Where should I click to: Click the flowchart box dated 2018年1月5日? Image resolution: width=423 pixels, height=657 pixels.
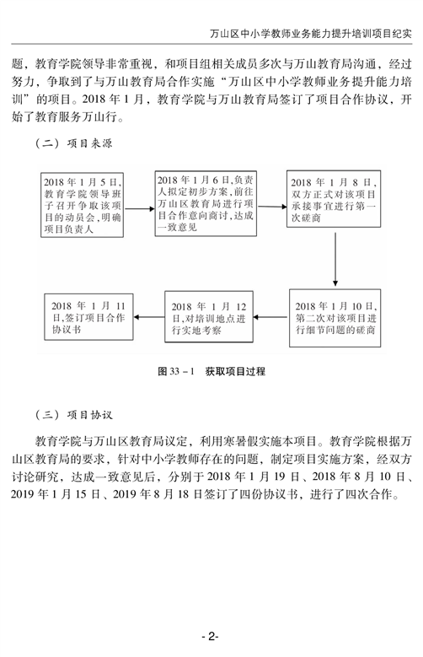[82, 205]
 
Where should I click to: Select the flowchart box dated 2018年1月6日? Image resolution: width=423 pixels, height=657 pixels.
[206, 203]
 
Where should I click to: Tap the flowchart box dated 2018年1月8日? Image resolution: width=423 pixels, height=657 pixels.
[334, 198]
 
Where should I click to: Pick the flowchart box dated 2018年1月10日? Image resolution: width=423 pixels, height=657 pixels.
[335, 318]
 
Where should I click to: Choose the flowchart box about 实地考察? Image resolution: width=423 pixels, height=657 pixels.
[209, 317]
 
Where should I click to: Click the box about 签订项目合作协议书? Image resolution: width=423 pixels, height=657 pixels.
[88, 317]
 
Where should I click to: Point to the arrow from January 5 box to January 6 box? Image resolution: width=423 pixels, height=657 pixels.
[140, 208]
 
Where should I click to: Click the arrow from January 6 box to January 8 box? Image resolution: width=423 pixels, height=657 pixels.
[272, 207]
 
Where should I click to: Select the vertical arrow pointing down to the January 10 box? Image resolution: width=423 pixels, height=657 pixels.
[335, 260]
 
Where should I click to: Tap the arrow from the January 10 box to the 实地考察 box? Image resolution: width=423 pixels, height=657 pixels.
[271, 317]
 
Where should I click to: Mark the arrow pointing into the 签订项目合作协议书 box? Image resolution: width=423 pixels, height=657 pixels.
[149, 317]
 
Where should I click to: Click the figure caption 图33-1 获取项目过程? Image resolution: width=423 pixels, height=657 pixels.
[211, 371]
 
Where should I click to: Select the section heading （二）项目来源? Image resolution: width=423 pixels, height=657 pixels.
[74, 143]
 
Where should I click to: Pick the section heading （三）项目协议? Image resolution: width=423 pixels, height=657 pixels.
[74, 415]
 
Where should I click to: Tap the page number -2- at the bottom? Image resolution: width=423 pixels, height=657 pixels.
[211, 636]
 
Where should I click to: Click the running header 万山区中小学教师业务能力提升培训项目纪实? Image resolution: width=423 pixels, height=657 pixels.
[311, 34]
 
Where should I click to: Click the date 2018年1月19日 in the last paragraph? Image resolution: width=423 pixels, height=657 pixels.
[254, 477]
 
